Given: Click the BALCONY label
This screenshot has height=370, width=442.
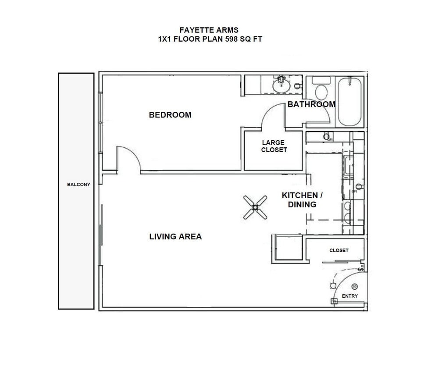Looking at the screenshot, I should click(x=78, y=185).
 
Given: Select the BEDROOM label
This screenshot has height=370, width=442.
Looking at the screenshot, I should click(x=170, y=115).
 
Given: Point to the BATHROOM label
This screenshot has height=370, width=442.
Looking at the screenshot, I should click(x=311, y=104).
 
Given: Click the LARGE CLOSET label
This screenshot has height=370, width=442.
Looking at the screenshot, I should click(x=274, y=146).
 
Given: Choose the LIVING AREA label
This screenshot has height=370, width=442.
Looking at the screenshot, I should click(x=175, y=237).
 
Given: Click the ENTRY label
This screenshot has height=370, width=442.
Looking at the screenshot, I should click(x=349, y=296).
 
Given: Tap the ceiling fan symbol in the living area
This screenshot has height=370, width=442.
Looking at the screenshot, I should click(x=255, y=207).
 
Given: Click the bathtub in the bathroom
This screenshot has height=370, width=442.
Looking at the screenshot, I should click(x=349, y=101).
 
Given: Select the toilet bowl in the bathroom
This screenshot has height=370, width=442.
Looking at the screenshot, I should click(x=322, y=92).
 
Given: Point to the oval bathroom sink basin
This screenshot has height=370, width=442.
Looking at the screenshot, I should click(x=281, y=86).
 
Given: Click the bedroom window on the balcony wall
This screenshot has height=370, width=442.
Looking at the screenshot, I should click(x=100, y=122).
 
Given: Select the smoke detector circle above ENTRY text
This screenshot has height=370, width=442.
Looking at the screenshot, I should click(x=355, y=286).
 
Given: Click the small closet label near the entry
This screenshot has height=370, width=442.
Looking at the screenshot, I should click(x=339, y=250).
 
